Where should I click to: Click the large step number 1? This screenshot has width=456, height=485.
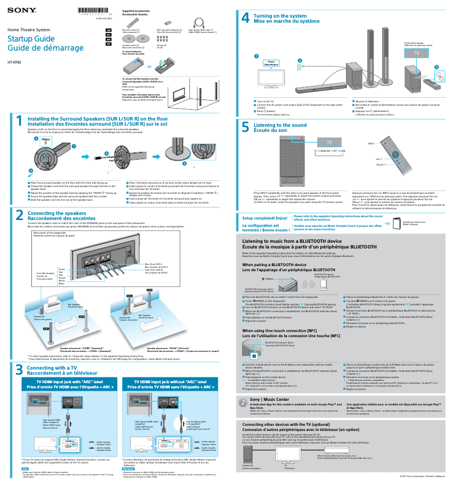pos(19,121)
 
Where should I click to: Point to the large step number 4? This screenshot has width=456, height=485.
pos(245,18)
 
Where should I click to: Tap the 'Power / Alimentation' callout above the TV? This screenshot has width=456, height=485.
pos(271,64)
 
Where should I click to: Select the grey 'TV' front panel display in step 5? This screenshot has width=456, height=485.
pos(329,142)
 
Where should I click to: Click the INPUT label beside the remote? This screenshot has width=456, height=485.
pos(371,144)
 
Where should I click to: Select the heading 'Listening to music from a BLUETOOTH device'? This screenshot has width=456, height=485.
pos(292,241)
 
